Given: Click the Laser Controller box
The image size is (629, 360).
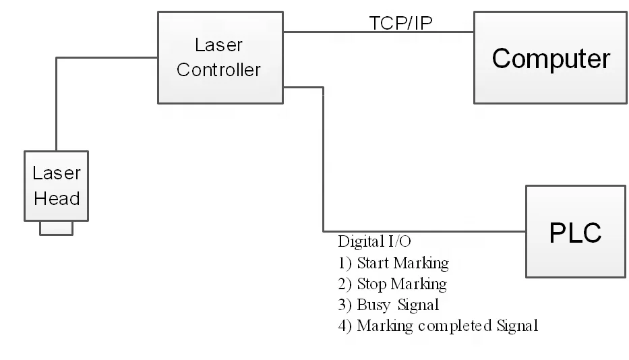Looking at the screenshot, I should tap(220, 58).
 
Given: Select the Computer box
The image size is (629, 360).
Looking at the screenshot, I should tap(551, 59).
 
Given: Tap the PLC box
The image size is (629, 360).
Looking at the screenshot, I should tap(574, 232).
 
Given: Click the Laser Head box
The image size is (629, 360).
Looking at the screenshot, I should tap(57, 185).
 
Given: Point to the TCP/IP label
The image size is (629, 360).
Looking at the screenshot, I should tap(401, 23).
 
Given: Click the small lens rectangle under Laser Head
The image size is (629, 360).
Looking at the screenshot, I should tap(57, 229).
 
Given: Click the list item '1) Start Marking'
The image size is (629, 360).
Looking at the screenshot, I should tap(393, 263).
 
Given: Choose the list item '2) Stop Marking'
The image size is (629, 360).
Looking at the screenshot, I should tap(392, 284).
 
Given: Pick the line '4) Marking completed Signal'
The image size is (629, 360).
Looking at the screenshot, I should tap(438, 326).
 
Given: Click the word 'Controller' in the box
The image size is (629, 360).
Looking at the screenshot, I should tap(219, 69).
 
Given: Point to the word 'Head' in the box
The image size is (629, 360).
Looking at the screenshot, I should tap(57, 198).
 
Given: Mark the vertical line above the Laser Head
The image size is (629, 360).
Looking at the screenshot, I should tap(57, 108).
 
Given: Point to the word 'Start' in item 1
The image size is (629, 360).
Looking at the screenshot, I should tap(372, 263).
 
